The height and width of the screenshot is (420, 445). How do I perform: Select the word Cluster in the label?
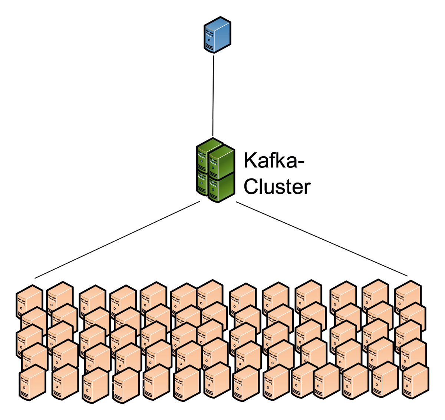tap(277, 187)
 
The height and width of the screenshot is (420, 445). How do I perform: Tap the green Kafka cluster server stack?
tap(215, 170)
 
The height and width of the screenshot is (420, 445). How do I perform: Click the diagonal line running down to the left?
tap(117, 240)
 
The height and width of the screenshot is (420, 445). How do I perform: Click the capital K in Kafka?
tap(250, 161)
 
